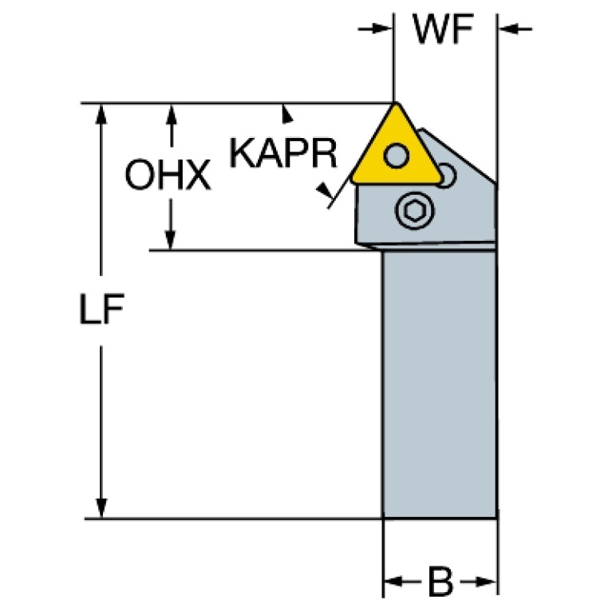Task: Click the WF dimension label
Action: [x=443, y=30]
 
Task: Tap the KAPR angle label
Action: [x=283, y=153]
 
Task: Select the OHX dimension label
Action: [x=168, y=175]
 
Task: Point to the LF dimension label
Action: [x=101, y=309]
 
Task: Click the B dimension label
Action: [x=440, y=582]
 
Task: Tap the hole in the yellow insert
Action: [x=396, y=156]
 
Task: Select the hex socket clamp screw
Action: [x=414, y=211]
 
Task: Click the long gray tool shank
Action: [x=440, y=385]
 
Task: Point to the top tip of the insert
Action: [x=396, y=104]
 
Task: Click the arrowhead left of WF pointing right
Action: [x=381, y=29]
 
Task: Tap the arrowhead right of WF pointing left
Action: [x=510, y=29]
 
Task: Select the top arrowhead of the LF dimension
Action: [x=101, y=114]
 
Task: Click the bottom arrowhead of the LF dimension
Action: [x=101, y=507]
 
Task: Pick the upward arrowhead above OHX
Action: [x=172, y=115]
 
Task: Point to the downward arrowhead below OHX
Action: [x=170, y=239]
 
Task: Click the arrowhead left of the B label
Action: [x=395, y=582]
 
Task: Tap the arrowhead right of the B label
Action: [x=486, y=582]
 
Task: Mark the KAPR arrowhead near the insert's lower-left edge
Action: [x=325, y=191]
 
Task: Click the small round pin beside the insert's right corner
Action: [x=446, y=176]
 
